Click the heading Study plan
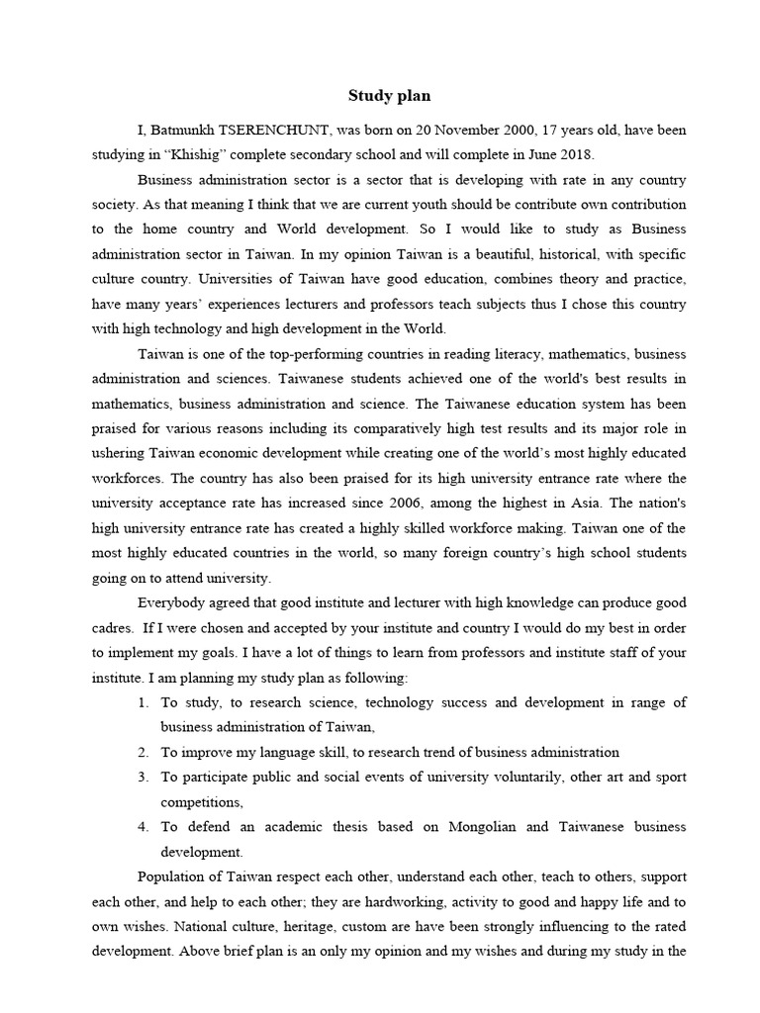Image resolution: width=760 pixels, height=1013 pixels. [x=389, y=96]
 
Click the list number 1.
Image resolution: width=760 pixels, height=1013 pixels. [x=143, y=703]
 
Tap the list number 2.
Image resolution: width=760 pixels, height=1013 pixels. [x=143, y=752]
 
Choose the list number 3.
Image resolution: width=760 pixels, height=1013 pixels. [x=143, y=777]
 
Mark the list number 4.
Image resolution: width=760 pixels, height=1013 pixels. [x=143, y=826]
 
